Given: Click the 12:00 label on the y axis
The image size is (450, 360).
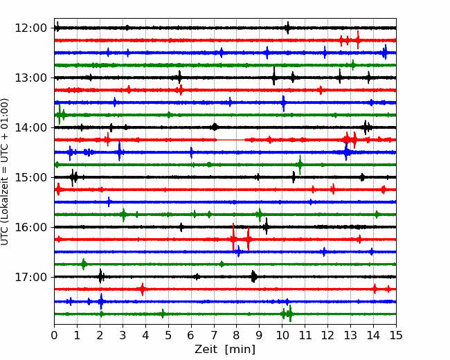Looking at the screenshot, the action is [30, 28].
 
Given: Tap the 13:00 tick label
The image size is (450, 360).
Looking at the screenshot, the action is [30, 78].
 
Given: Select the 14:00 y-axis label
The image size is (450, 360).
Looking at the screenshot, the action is [30, 127].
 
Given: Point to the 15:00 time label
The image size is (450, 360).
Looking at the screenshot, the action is [30, 177].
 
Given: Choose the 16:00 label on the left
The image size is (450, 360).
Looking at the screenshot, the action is [30, 227].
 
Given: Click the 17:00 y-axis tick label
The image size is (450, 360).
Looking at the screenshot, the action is [30, 277].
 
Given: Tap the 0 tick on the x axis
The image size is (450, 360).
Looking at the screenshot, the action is [54, 335].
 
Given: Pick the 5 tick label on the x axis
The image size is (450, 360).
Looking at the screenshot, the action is [168, 335].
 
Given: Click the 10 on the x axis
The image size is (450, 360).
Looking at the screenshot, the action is [282, 335].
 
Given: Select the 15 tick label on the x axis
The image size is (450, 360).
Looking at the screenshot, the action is [396, 335].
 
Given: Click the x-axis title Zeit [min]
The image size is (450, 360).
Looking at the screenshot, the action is [225, 350].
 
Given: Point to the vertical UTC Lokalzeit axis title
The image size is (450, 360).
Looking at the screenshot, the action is [5, 172].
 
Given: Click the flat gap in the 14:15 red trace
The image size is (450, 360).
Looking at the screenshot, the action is [231, 140].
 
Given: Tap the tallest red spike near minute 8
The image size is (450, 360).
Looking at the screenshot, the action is [233, 237].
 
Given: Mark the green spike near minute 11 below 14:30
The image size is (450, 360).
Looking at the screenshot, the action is [300, 165].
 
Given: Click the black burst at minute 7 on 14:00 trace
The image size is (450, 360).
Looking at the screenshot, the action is [215, 127].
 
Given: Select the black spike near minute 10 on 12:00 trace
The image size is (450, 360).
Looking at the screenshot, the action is [287, 28].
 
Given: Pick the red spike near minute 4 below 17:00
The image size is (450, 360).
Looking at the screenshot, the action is [143, 289].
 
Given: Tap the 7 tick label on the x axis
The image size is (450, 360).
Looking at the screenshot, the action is [214, 335].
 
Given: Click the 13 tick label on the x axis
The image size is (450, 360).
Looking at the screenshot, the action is [350, 335].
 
